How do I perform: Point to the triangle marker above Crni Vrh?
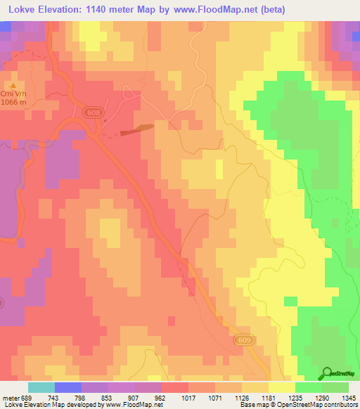tap(12, 86)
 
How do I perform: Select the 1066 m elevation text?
tap(14, 103)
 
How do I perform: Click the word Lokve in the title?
tap(19, 9)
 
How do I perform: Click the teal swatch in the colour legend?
tap(41, 387)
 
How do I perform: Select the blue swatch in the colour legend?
tap(68, 387)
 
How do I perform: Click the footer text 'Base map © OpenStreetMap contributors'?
tap(297, 405)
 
